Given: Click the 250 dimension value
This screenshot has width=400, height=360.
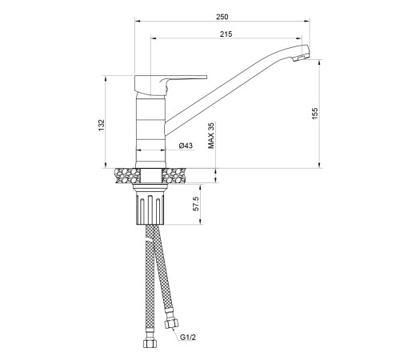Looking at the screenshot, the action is click(x=222, y=17).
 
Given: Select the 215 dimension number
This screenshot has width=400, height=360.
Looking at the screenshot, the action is click(x=226, y=34).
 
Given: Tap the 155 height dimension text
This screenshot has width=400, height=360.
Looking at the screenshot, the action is click(x=315, y=114).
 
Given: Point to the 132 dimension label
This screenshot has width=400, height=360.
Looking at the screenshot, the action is click(x=102, y=125).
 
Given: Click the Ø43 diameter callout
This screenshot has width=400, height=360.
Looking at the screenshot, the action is click(x=186, y=146).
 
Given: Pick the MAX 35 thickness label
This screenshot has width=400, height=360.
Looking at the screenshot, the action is click(x=211, y=135).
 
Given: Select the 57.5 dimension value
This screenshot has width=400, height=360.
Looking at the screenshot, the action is click(x=196, y=204).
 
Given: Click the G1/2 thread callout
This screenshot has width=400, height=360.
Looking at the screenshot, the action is click(x=188, y=338).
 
